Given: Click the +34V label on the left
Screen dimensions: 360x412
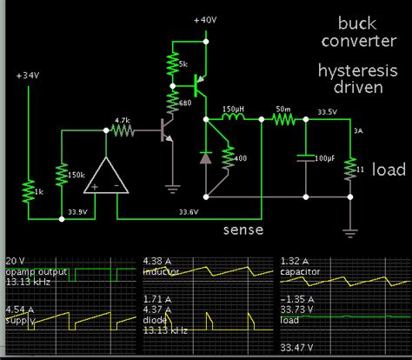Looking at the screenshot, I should click(28, 77).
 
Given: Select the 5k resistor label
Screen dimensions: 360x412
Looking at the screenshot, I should click(183, 65).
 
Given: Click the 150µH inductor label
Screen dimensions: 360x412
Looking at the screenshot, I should click(233, 112).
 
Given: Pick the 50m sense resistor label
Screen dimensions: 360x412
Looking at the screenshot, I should click(283, 112).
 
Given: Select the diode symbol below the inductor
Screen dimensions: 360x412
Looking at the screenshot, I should click(205, 157).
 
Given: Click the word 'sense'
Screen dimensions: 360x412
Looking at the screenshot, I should click(243, 230).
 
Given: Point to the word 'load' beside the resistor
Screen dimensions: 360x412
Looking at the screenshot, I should click(389, 170).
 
